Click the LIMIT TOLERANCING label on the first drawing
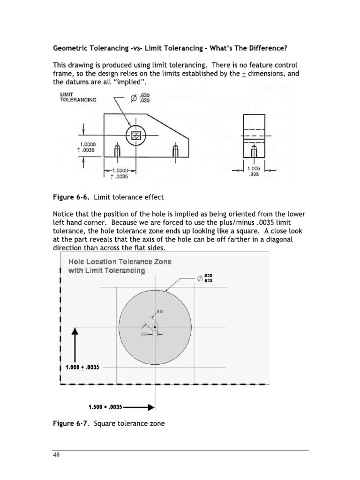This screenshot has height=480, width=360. click(x=78, y=97)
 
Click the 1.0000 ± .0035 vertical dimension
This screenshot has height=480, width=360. click(x=88, y=147)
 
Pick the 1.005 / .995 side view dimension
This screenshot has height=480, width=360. click(x=254, y=171)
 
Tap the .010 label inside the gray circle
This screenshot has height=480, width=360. click(x=160, y=312)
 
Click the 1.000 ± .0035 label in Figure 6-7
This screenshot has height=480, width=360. click(x=82, y=367)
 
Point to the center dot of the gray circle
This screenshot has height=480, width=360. click(x=155, y=327)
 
